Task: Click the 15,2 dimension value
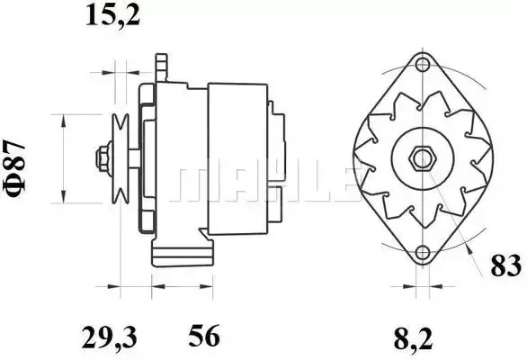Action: click(112, 16)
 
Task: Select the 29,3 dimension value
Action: click(109, 337)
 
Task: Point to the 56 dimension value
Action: click(203, 336)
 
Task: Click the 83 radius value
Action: click(505, 265)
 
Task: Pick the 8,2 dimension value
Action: click(413, 339)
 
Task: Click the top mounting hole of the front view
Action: click(422, 65)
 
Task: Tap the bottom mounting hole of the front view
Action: click(422, 252)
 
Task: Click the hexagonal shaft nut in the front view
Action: click(422, 158)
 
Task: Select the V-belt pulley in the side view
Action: click(121, 158)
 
